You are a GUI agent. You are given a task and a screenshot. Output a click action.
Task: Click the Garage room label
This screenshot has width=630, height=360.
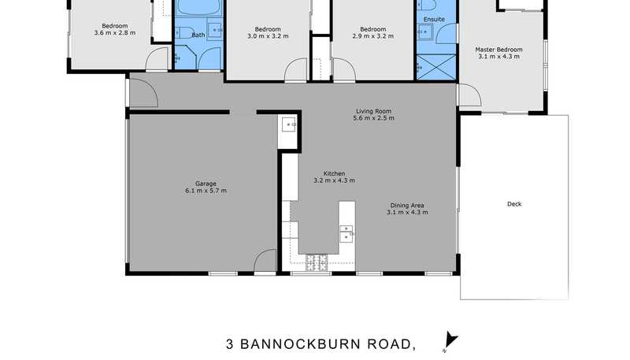206,184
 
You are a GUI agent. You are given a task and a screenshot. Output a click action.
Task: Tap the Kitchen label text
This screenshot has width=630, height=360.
334,173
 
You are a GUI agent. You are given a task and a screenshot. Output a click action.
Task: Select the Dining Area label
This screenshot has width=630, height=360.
407,206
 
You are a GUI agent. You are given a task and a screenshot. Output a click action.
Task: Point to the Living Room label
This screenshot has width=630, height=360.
373,111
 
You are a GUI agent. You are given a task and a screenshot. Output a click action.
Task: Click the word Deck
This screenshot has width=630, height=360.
514,204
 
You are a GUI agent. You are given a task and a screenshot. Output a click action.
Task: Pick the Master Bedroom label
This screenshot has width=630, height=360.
499,50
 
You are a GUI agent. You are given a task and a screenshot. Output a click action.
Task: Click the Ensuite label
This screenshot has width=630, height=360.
434,19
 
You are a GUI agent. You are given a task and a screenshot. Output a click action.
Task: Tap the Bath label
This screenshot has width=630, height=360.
198,35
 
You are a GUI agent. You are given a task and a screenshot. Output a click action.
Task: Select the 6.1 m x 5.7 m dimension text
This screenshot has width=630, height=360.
206,191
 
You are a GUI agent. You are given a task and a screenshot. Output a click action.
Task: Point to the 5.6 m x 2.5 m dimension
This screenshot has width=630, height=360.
373,118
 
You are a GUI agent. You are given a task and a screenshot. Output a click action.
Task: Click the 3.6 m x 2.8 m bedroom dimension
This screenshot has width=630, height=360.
115,33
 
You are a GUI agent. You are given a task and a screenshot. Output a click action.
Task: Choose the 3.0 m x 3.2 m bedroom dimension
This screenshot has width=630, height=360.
268,36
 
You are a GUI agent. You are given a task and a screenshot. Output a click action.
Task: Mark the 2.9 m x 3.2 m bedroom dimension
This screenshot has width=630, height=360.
372,36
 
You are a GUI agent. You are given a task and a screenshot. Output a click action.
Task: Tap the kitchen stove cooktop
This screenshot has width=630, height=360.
317,262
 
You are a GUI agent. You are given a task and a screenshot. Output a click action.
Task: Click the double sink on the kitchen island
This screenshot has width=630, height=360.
346,234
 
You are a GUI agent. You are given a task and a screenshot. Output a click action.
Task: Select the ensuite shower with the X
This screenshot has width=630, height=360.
436,67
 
